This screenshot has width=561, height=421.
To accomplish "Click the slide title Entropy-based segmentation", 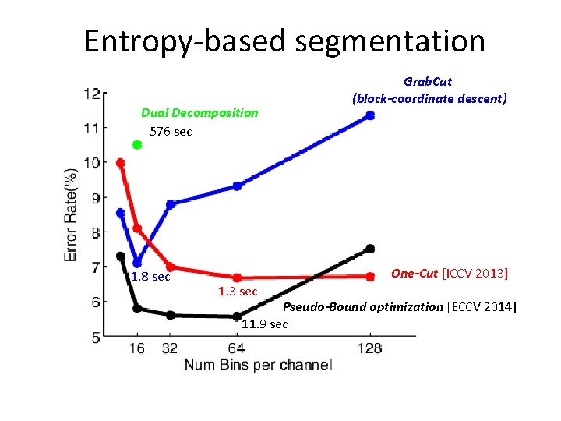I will point(284,41).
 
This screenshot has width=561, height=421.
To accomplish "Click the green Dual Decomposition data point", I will point(137,145).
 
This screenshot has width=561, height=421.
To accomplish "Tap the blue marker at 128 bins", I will point(370,115).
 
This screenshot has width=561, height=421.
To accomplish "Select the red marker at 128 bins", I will point(370,276).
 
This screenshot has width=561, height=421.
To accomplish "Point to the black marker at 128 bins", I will point(370,249).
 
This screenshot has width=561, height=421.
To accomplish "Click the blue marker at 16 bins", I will point(137,263).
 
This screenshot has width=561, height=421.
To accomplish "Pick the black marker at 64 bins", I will point(237,317).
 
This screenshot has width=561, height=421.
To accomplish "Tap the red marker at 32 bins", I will point(171,267).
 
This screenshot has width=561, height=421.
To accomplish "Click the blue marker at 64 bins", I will point(237,186).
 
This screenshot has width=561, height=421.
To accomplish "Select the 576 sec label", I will point(170,132).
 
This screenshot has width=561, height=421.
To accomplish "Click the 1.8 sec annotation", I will point(150,277).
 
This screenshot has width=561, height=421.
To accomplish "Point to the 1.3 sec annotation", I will point(238,292).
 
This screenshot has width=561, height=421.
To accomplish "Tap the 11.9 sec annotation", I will point(265,324).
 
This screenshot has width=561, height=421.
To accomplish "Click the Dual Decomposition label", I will point(199,113).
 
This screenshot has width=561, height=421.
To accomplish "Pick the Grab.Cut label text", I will point(428,81).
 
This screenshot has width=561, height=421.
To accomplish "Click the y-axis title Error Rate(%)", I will point(71,214).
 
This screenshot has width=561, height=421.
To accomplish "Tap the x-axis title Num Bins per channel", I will point(258,365).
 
